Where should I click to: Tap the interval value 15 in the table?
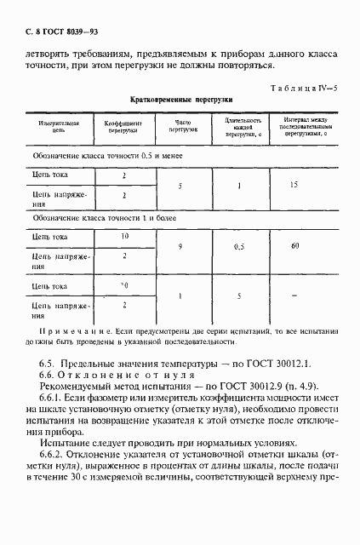click(x=295, y=185)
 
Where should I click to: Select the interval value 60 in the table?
click(x=295, y=246)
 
